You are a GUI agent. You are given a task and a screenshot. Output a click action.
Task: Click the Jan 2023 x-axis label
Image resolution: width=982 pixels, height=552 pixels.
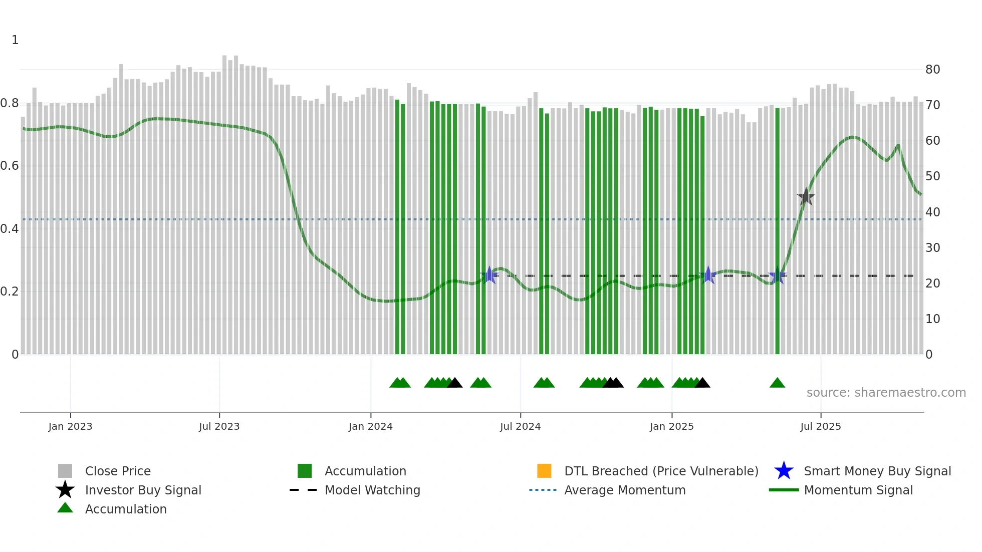coord(70,427)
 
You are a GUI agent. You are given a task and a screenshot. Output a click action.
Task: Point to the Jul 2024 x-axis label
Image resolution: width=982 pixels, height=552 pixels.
coord(520,427)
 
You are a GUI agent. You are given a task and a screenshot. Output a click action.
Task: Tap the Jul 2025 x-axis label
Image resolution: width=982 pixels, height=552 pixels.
coord(820,427)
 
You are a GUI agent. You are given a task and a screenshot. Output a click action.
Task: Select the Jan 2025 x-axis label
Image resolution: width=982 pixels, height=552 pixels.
coord(671,427)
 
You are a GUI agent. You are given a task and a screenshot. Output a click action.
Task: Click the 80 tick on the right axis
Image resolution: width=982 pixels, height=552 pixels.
coord(932,70)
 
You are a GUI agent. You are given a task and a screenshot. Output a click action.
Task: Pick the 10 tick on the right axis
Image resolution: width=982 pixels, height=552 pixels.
coord(932,319)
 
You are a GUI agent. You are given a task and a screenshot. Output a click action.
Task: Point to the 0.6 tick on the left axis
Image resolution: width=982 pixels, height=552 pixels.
coord(10,166)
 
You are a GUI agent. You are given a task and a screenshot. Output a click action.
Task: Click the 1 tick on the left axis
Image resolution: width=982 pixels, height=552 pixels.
coord(15,40)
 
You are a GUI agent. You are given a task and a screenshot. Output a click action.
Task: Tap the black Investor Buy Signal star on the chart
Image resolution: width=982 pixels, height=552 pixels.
coord(806,197)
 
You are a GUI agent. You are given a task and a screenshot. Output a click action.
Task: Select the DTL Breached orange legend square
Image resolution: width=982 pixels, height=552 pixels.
coord(544,471)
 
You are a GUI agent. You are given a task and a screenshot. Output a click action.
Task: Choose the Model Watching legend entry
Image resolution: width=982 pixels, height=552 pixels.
coord(372,490)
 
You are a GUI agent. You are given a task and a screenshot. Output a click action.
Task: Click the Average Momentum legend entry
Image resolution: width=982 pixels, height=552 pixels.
coord(624,490)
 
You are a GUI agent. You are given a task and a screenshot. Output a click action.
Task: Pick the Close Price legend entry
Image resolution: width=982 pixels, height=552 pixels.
coord(117,471)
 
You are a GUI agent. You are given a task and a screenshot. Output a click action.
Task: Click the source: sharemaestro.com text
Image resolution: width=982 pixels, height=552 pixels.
coord(886,393)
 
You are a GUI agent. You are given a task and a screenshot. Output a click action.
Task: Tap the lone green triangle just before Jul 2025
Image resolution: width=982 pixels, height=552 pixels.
coord(777,383)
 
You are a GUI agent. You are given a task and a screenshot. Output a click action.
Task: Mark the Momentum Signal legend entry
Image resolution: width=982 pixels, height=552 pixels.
coord(858,490)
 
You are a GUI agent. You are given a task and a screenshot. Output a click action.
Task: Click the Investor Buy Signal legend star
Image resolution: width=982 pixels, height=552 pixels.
coord(65,490)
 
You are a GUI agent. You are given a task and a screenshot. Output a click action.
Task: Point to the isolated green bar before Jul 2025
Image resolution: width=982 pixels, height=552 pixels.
coord(777,230)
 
